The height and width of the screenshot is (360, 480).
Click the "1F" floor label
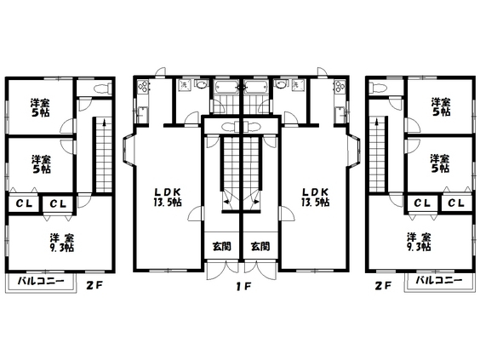(x=243, y=286)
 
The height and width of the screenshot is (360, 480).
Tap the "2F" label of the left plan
(x=94, y=286)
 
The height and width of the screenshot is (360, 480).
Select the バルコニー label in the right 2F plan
(x=439, y=280)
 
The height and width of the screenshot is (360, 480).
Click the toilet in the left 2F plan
(x=102, y=89)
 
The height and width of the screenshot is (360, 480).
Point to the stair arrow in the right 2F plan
(x=376, y=123)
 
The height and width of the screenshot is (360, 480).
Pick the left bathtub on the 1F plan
(x=227, y=87)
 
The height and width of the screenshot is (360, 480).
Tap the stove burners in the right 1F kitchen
(x=340, y=86)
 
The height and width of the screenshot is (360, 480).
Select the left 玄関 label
(x=221, y=246)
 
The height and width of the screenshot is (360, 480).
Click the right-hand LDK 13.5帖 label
(x=315, y=197)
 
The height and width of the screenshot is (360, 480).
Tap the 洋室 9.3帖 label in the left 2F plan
(x=62, y=243)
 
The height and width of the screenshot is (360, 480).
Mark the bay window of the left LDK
(x=128, y=150)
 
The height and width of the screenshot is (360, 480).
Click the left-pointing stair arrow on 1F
(x=228, y=202)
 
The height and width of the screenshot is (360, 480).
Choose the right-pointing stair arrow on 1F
(x=255, y=202)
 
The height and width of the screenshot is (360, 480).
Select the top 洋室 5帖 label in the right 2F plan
(x=441, y=106)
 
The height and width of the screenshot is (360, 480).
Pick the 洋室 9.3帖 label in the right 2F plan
(x=419, y=243)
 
